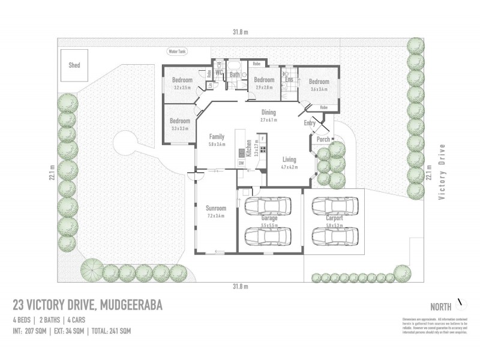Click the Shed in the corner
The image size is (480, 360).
pyautogui.click(x=74, y=65)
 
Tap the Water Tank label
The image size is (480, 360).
pyautogui.click(x=178, y=52)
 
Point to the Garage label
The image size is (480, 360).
pyautogui.click(x=269, y=219)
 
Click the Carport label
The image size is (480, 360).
pyautogui.click(x=334, y=218)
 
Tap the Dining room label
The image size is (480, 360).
pyautogui.click(x=268, y=112)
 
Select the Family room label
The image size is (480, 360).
pyautogui.click(x=216, y=137)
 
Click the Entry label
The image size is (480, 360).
pyautogui.click(x=310, y=124)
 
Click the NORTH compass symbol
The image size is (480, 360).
pyautogui.click(x=462, y=302)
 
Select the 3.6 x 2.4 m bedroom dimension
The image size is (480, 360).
pyautogui.click(x=319, y=89)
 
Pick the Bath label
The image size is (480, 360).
pyautogui.click(x=235, y=75)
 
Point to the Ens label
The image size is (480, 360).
pyautogui.click(x=289, y=79)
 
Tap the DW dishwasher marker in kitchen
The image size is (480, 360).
pyautogui.click(x=241, y=163)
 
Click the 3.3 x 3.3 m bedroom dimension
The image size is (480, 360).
pyautogui.click(x=180, y=128)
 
